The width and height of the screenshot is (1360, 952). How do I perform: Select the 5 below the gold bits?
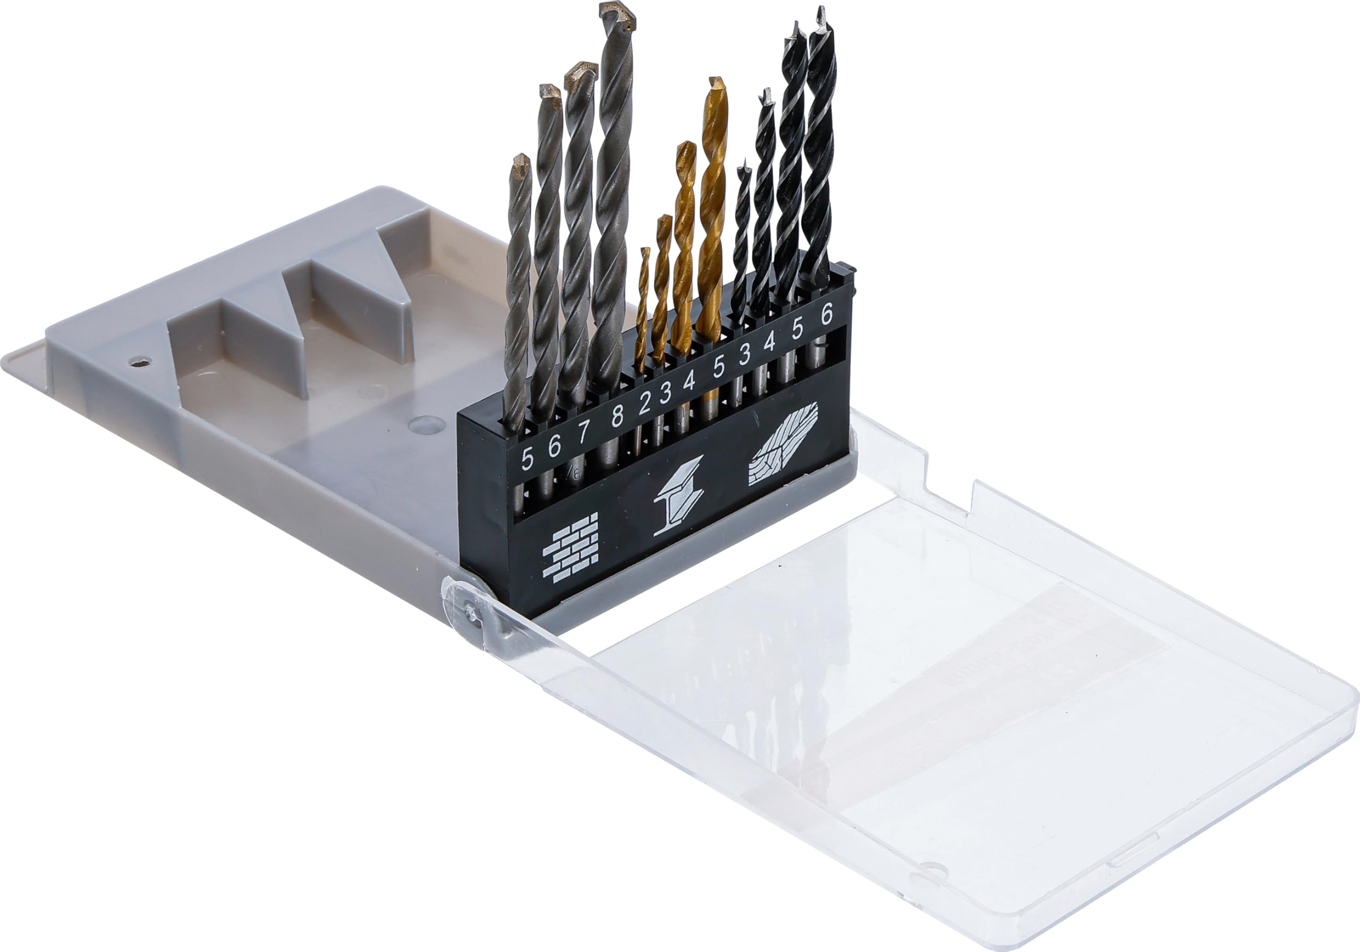coord(718,369)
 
